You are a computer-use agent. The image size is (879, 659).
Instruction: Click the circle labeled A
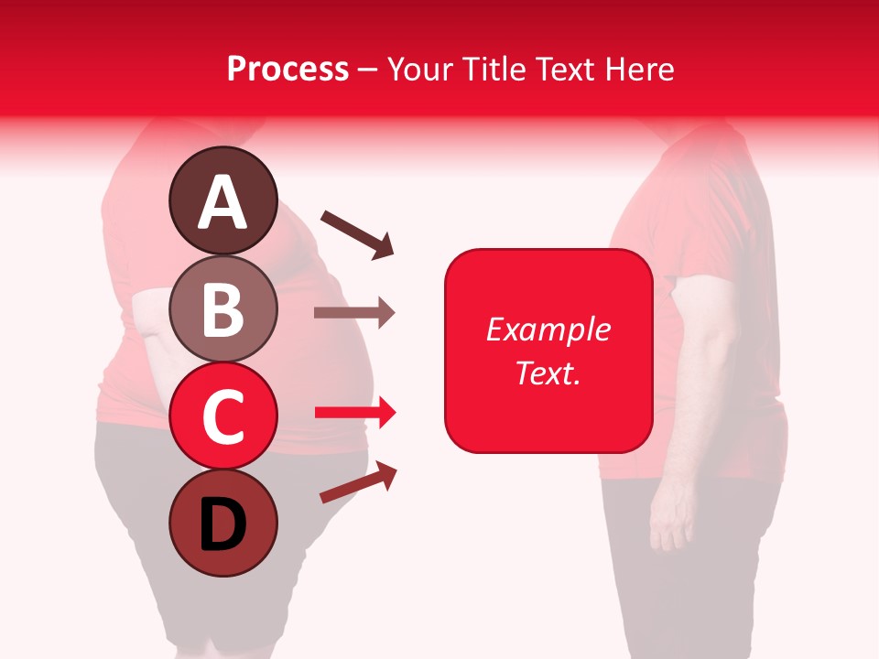pyautogui.click(x=222, y=201)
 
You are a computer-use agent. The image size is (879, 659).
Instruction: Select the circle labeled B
pyautogui.click(x=222, y=308)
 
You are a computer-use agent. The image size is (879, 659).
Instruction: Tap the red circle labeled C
pyautogui.click(x=222, y=416)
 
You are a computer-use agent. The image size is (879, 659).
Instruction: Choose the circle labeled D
pyautogui.click(x=222, y=523)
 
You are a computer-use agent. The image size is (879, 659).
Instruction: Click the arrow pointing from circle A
pyautogui.click(x=357, y=233)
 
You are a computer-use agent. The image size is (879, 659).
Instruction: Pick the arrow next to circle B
pyautogui.click(x=354, y=312)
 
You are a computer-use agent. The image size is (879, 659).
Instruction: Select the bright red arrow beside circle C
pyautogui.click(x=355, y=413)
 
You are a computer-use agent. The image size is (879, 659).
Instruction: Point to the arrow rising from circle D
pyautogui.click(x=358, y=483)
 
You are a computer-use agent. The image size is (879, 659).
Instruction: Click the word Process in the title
pyautogui.click(x=288, y=69)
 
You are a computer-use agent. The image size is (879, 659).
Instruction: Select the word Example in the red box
pyautogui.click(x=548, y=329)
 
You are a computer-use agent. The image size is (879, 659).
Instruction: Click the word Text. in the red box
pyautogui.click(x=548, y=373)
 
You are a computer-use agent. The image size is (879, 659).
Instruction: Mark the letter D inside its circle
pyautogui.click(x=222, y=524)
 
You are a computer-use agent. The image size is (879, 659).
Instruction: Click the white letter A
pyautogui.click(x=222, y=203)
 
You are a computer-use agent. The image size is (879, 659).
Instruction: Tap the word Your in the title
pyautogui.click(x=418, y=69)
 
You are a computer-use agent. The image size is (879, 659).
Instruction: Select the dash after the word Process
pyautogui.click(x=367, y=70)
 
